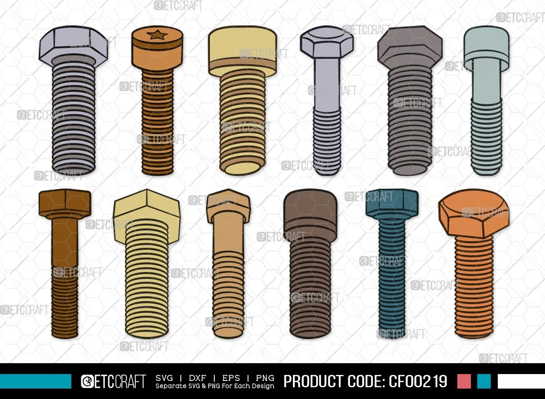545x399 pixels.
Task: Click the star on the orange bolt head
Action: tap(157, 35)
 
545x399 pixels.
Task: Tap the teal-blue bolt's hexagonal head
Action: tap(392, 203)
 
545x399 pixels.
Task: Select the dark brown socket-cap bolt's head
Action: tap(311, 214)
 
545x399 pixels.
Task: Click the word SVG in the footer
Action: tap(164, 378)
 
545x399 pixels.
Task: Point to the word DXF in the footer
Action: tap(197, 378)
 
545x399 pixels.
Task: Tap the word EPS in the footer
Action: tap(231, 378)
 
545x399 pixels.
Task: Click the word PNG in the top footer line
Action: tap(265, 378)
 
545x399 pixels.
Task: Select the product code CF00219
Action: tap(418, 381)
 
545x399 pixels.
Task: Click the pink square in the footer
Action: tap(464, 381)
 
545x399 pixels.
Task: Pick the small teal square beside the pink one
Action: tap(484, 381)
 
